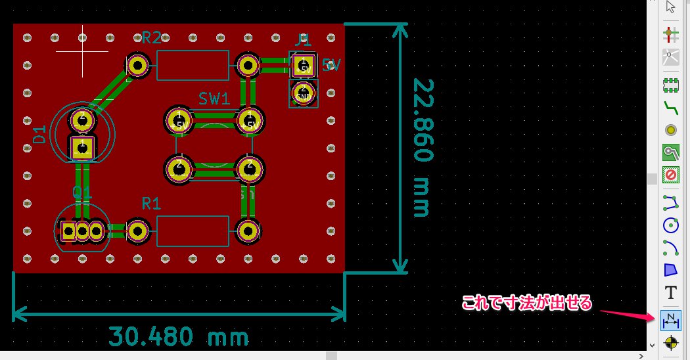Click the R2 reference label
(x=151, y=37)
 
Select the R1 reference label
(x=151, y=204)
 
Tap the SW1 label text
(x=214, y=99)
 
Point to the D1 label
(x=40, y=135)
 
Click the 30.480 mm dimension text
(x=179, y=337)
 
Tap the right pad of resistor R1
(x=248, y=231)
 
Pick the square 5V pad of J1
(x=303, y=66)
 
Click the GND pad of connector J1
(x=303, y=93)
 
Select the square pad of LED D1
(x=82, y=147)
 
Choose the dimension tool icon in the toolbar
(x=671, y=320)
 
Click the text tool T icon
(x=671, y=293)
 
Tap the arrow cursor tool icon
(x=671, y=7)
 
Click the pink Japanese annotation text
(x=527, y=303)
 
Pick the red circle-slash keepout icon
(x=671, y=175)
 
